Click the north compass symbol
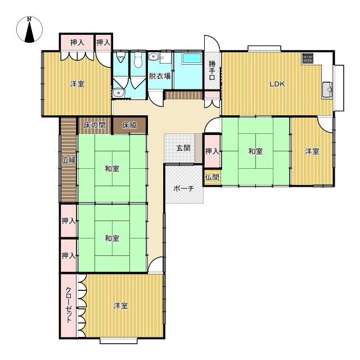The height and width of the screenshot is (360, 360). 29,29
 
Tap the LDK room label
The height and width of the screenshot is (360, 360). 277,84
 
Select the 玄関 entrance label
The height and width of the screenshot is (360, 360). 183,148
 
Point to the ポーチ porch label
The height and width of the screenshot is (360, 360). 184,188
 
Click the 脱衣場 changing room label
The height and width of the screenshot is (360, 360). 160,76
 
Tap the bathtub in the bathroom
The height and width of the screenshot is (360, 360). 192,58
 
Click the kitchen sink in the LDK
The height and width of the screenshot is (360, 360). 327,89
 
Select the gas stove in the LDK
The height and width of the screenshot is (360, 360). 308,58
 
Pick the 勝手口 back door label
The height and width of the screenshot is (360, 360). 212,70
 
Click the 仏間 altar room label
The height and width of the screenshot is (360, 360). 213,178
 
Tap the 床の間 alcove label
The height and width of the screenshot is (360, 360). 95,125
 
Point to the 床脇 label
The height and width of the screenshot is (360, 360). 129,125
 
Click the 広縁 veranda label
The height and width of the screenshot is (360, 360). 69,160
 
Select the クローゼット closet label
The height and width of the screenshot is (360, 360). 69,305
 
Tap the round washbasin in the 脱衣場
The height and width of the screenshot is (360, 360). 152,56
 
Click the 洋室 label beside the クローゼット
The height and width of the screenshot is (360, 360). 121,306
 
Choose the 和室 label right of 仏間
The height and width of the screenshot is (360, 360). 255,151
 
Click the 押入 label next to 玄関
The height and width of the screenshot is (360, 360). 212,151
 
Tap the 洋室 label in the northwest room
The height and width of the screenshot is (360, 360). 77,84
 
